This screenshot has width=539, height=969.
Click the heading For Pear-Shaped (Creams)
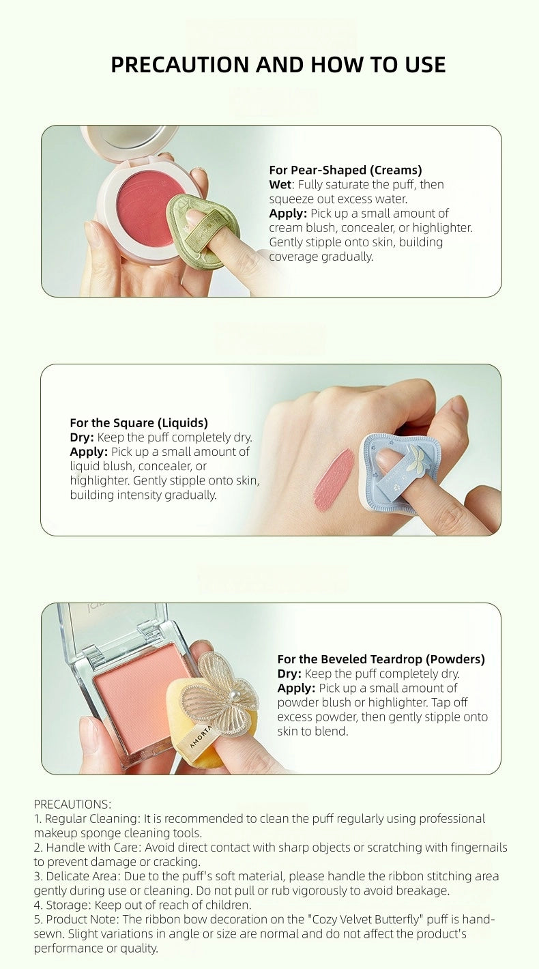tap(345, 170)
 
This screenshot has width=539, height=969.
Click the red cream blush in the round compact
tap(150, 207)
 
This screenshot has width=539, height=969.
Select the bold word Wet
tap(280, 185)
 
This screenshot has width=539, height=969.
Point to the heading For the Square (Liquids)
tap(139, 422)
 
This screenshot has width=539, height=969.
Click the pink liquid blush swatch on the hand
tap(333, 479)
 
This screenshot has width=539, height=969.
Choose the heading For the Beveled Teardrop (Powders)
tap(381, 659)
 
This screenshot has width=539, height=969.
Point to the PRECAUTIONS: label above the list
tap(72, 804)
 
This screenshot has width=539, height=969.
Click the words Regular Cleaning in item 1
tap(93, 819)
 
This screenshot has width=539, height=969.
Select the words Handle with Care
tap(93, 848)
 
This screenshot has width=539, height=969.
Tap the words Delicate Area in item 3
tap(82, 876)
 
